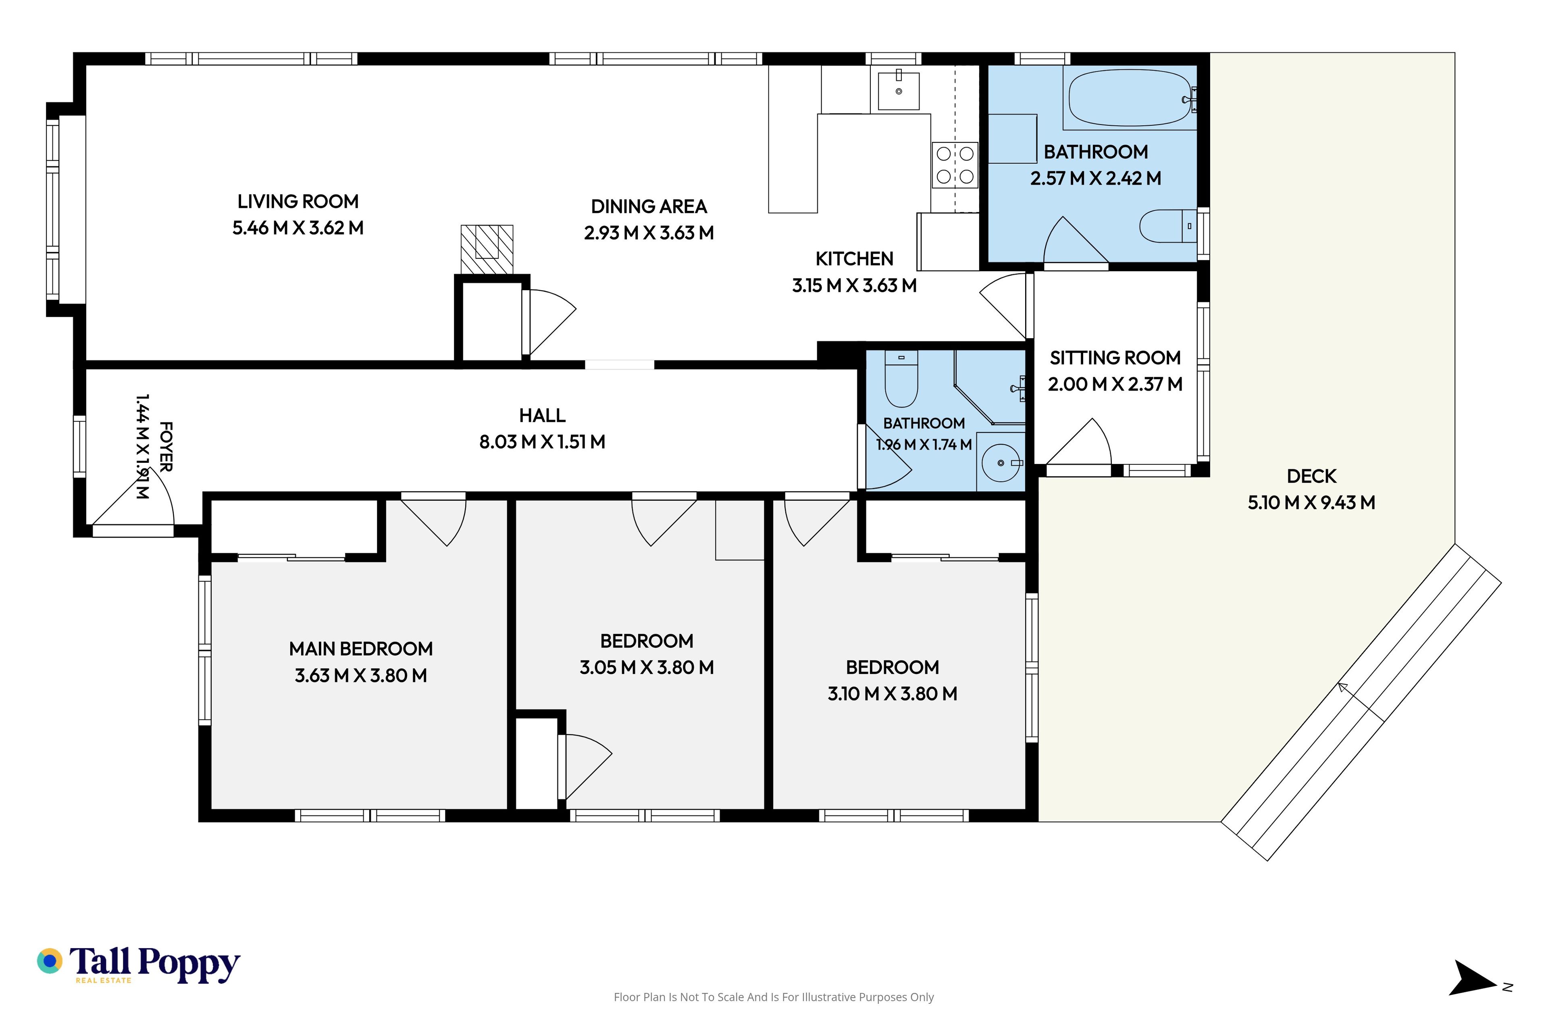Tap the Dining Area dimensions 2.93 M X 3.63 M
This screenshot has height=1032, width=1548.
click(x=649, y=233)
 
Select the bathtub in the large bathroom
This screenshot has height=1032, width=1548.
click(x=1130, y=98)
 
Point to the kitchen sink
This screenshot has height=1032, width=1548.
click(x=899, y=91)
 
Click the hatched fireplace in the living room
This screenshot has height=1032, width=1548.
click(x=487, y=250)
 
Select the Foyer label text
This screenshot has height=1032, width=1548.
click(x=166, y=447)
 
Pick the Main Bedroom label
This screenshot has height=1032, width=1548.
click(x=361, y=649)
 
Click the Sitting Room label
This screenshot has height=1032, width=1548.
click(x=1115, y=358)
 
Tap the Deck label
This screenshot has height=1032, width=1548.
click(x=1311, y=476)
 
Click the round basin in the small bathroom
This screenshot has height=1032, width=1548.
click(x=1001, y=463)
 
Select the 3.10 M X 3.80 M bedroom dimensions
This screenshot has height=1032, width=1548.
click(x=893, y=694)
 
